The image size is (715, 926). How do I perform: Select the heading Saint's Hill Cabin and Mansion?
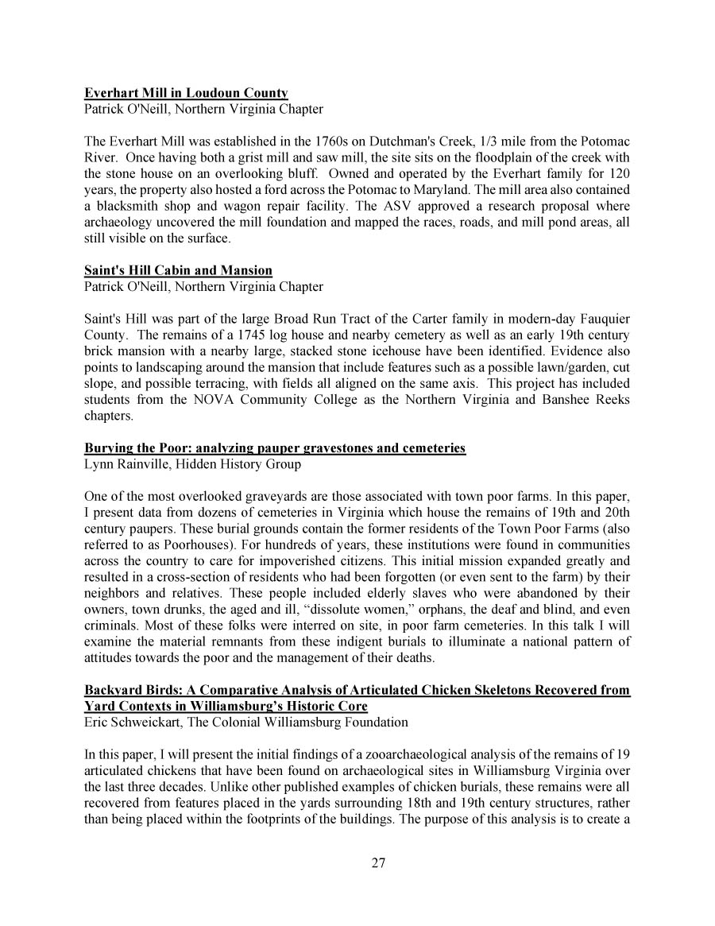pos(178,270)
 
